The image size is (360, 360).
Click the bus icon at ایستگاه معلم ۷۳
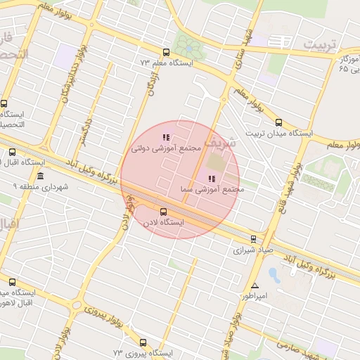[x=166, y=52]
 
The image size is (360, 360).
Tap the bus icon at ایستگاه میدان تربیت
[x=279, y=122]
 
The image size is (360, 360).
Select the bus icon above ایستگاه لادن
[x=164, y=211]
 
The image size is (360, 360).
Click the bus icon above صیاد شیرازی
[x=254, y=239]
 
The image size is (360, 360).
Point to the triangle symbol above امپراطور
[x=255, y=285]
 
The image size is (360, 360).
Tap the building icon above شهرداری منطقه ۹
[x=41, y=176]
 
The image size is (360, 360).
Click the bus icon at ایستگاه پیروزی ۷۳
[x=143, y=342]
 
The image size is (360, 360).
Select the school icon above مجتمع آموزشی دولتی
[x=166, y=137]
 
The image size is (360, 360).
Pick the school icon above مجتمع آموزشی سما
[x=212, y=179]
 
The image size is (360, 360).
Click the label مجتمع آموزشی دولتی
[x=166, y=149]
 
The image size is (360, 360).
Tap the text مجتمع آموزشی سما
[x=212, y=190]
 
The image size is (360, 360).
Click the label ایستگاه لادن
[x=163, y=222]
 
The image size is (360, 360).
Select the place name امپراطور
[x=256, y=296]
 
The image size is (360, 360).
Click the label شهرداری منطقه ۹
[x=41, y=187]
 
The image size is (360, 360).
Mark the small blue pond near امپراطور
[x=274, y=275]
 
